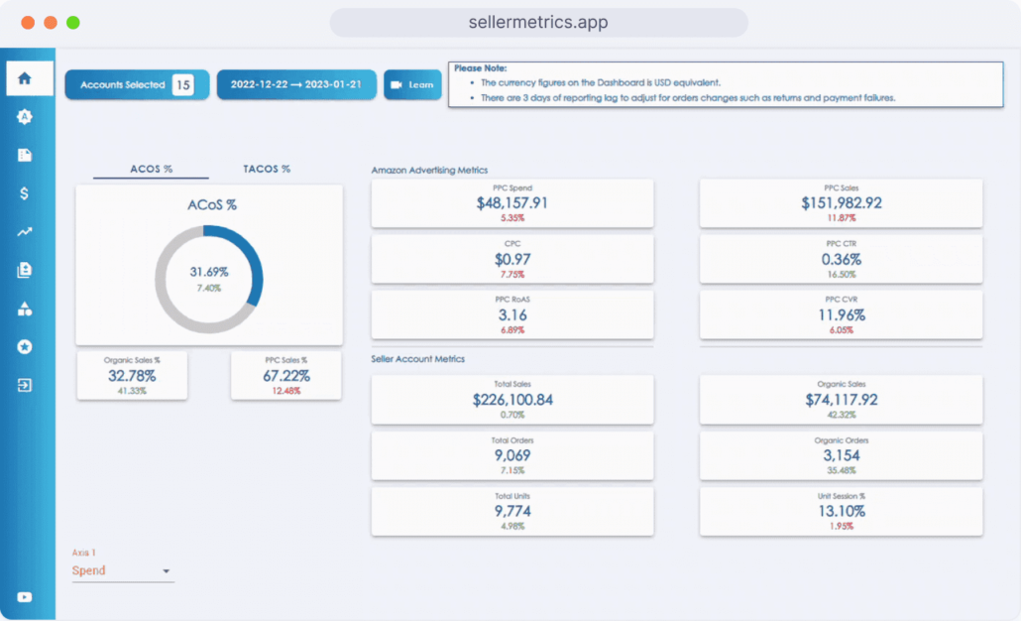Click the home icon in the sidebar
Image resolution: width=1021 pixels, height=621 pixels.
(x=25, y=78)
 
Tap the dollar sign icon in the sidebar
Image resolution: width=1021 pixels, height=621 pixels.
(x=25, y=193)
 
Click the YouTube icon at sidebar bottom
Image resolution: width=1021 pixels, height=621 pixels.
(x=25, y=597)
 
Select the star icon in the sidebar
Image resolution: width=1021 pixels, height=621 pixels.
(x=25, y=346)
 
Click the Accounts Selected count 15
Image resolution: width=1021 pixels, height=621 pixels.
(x=182, y=85)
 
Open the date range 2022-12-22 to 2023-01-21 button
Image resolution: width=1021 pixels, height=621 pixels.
(x=296, y=85)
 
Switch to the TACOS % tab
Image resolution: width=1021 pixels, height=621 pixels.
(x=267, y=169)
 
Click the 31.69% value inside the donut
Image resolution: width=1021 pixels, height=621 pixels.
(x=209, y=271)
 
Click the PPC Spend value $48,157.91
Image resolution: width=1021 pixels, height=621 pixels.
(x=511, y=202)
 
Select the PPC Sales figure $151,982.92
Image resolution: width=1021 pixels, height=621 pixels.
(x=841, y=202)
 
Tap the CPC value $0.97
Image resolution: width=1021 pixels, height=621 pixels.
(x=511, y=259)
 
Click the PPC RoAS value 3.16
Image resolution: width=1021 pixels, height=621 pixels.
(x=511, y=315)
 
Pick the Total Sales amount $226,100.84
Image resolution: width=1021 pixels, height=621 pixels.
(x=511, y=400)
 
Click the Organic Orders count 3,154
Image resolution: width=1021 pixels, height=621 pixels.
(x=841, y=455)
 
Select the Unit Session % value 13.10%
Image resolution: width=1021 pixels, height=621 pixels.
(x=841, y=511)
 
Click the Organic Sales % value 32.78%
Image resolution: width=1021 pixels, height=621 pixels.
(x=131, y=376)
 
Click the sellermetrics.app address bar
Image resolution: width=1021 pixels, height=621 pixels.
(x=538, y=22)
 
